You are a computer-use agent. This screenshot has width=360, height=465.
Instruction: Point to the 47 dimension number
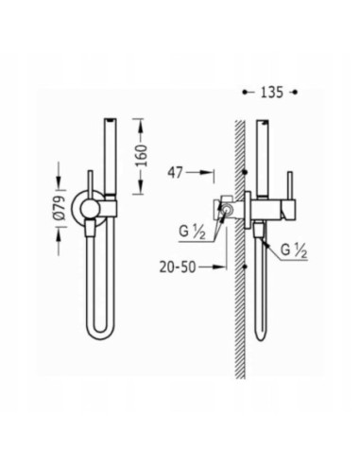(177, 173)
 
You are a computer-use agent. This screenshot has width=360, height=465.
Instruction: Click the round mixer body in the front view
(91, 208)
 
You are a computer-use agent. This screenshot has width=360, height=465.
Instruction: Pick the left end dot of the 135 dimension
(243, 92)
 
